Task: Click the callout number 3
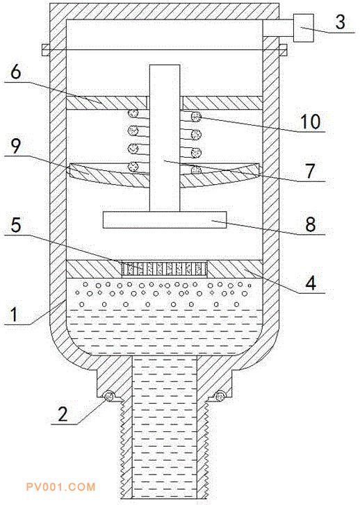340,22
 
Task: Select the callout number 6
16,72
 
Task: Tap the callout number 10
310,122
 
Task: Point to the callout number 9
16,147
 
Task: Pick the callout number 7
310,171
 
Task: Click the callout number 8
311,224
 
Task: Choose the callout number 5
16,225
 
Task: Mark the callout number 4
311,283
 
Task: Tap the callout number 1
13,315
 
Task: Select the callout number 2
63,414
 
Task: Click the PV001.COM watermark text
61,487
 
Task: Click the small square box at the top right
303,28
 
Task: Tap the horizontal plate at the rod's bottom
165,220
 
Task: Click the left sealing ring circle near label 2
109,396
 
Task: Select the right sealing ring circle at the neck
220,395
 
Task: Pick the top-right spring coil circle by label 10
196,116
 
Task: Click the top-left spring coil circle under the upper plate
133,113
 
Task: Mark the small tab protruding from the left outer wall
45,50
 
